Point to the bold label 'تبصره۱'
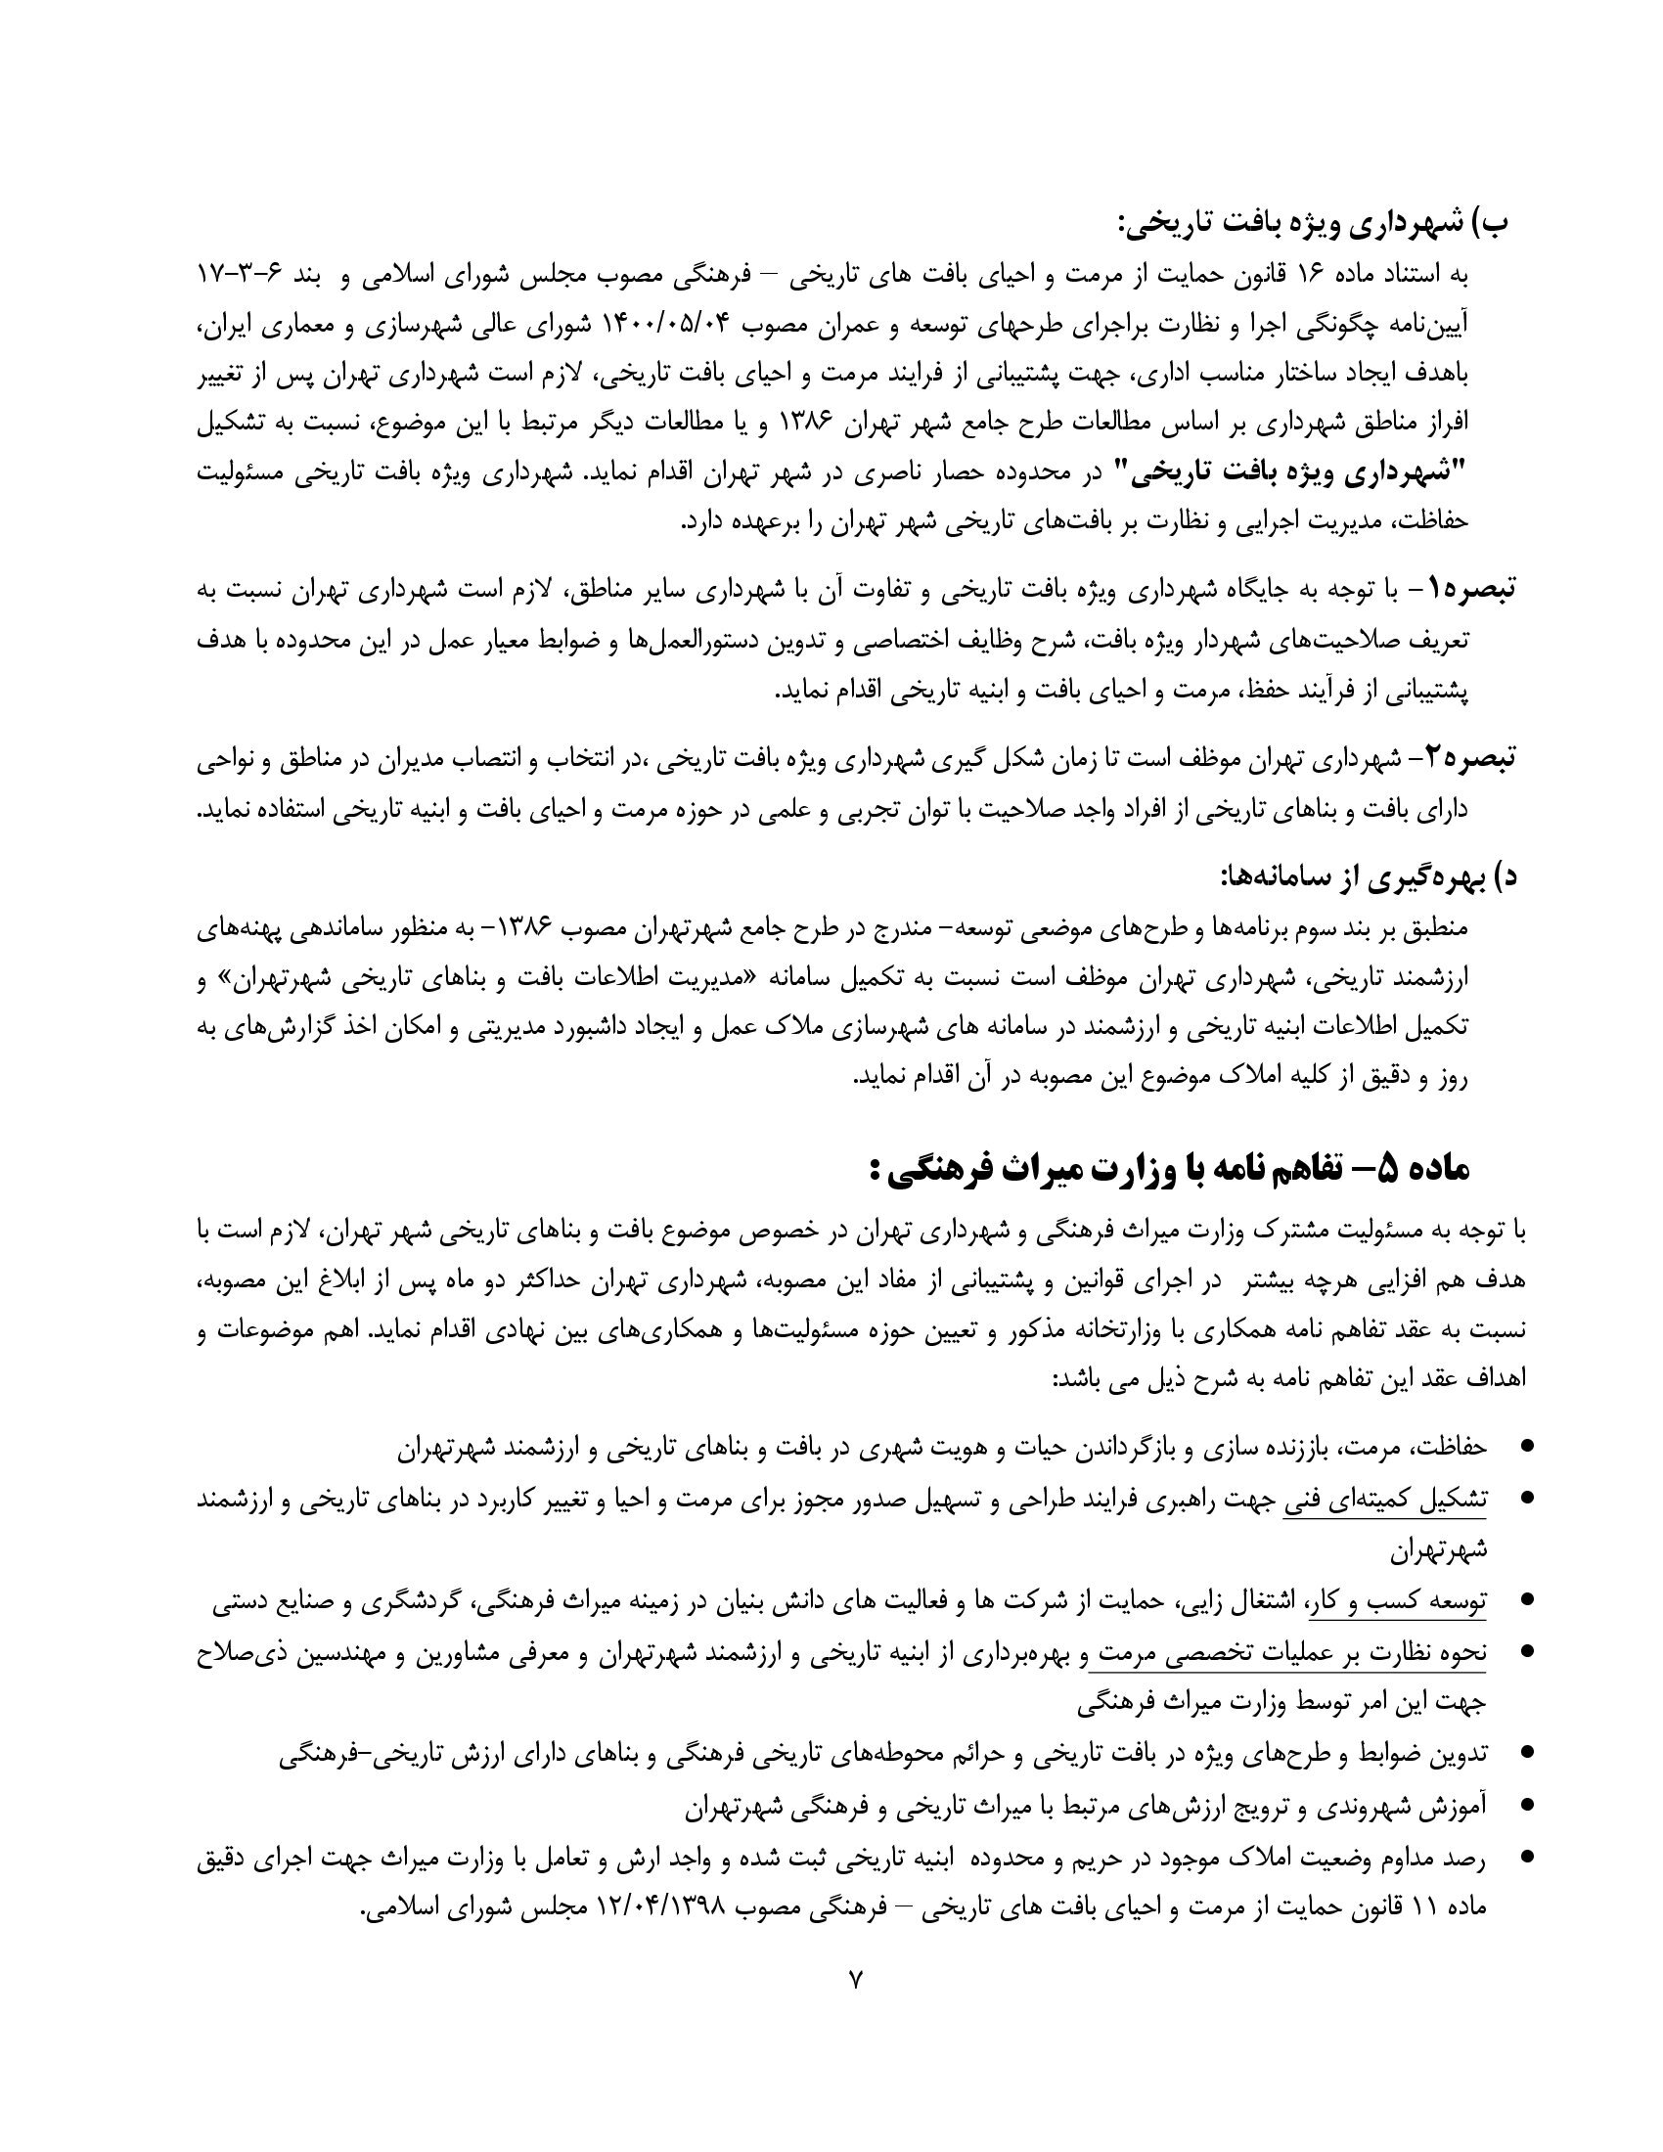(x=1470, y=590)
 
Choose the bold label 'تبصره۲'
(x=1470, y=758)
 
